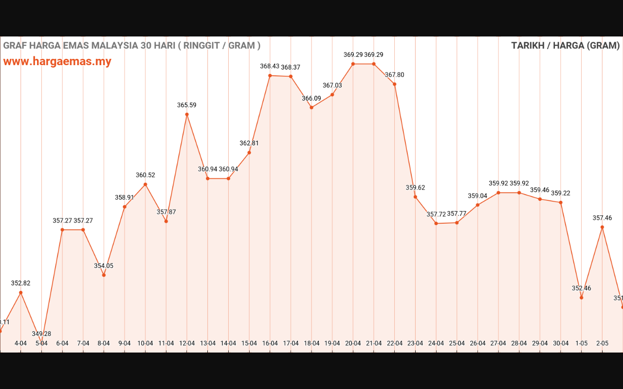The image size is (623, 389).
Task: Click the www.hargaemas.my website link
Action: [57, 62]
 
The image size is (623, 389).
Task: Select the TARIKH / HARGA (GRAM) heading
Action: [565, 46]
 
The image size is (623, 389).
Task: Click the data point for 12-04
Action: [187, 114]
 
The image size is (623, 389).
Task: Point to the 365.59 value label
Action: [187, 105]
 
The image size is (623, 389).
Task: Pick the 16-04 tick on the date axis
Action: [270, 343]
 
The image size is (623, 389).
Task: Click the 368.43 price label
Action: [270, 66]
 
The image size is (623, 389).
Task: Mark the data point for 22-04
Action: [395, 84]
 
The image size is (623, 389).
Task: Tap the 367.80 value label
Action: [395, 75]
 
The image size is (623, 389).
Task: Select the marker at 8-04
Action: [104, 275]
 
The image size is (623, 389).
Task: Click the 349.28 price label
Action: [41, 334]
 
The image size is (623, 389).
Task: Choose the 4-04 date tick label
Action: [20, 343]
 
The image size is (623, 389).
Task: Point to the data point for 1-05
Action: [582, 298]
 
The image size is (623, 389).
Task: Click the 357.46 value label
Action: [603, 218]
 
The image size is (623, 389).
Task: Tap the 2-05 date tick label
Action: [603, 343]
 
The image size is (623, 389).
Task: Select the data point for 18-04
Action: [311, 107]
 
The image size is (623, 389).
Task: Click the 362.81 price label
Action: [249, 143]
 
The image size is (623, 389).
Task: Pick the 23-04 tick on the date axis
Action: [415, 343]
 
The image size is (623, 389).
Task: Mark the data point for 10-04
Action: [146, 184]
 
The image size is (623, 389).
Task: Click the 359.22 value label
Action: [561, 193]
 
